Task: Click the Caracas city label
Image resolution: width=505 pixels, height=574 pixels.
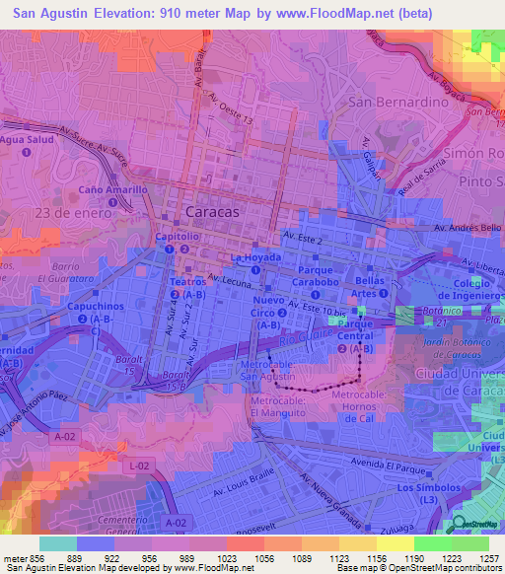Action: (x=213, y=214)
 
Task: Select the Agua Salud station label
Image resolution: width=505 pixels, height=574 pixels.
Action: (x=28, y=140)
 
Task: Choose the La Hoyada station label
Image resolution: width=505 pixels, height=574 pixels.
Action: (x=255, y=257)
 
